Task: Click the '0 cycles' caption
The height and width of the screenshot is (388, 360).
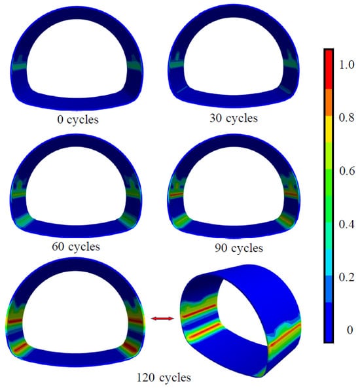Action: tap(78, 120)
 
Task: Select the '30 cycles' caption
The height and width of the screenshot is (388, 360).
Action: tap(234, 118)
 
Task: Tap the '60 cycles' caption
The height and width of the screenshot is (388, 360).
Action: tap(76, 247)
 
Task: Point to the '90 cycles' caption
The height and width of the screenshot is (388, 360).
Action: tap(239, 248)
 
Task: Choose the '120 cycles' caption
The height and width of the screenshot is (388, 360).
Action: tap(164, 378)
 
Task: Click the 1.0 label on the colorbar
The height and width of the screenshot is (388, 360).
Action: tap(347, 65)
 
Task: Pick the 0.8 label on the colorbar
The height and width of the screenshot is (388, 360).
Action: tap(347, 118)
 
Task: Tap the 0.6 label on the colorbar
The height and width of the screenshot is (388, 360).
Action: tap(347, 171)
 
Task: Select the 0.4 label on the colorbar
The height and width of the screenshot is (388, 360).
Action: tap(347, 224)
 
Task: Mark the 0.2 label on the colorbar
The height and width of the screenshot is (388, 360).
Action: tap(347, 277)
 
